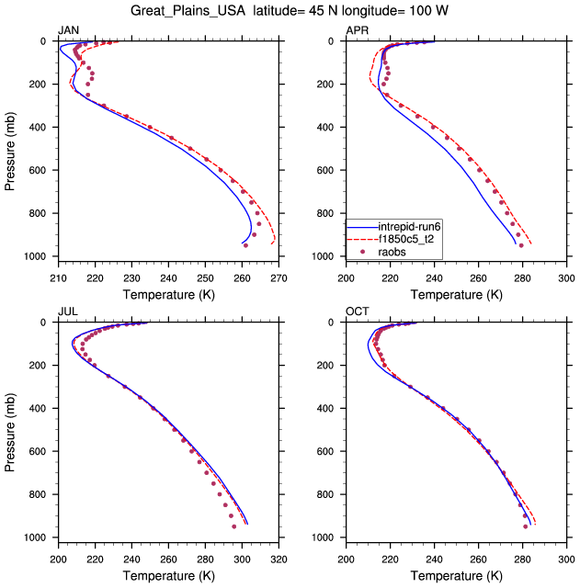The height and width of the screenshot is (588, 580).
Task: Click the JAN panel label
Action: pos(68,31)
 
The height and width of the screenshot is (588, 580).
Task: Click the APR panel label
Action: pos(357,31)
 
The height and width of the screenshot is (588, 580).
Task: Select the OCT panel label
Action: pos(357,312)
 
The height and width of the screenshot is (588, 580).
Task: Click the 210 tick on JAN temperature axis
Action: pos(58,274)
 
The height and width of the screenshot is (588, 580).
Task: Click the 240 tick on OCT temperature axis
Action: pos(435,555)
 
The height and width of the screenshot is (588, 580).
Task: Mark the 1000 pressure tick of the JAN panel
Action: pos(39,256)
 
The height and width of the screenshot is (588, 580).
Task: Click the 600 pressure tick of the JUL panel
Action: pos(41,451)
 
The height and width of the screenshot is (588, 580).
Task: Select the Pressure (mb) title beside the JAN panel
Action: pos(11,148)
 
